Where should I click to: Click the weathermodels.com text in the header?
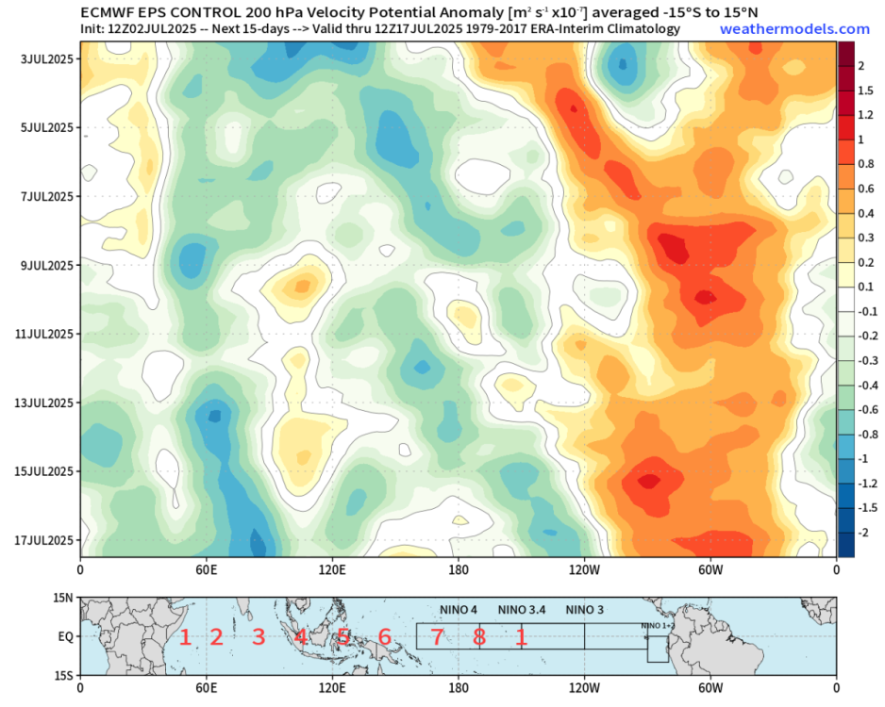click(794, 29)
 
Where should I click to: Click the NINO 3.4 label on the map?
click(522, 610)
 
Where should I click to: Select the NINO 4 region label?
click(459, 610)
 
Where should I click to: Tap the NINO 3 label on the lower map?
click(585, 610)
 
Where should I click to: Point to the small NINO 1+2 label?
click(658, 626)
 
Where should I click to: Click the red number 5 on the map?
click(343, 637)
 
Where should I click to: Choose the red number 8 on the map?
click(479, 637)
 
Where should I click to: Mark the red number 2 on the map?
click(216, 637)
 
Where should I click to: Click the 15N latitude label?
click(63, 598)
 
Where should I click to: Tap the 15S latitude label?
click(63, 676)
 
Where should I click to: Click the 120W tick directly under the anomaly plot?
click(585, 569)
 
